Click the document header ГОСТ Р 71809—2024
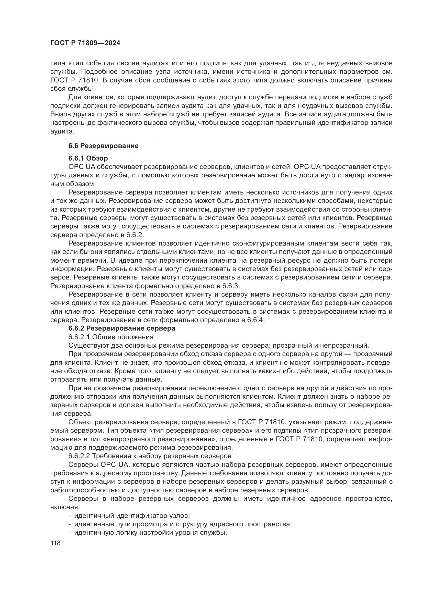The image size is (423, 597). pos(85,43)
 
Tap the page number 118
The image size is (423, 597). pos(55,543)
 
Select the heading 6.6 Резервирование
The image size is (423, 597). pos(103,146)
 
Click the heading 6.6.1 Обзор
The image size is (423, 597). pos(88,158)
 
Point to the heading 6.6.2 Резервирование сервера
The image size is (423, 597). pos(122,328)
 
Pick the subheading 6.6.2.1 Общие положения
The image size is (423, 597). pos(111,337)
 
